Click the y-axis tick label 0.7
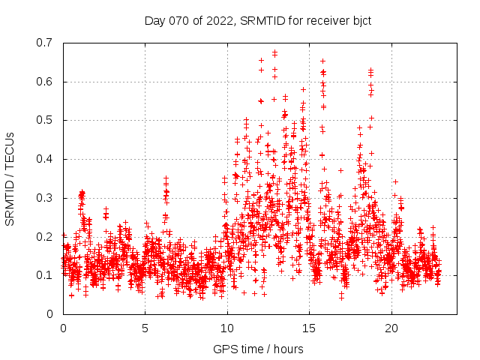click(x=46, y=43)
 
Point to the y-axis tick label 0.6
click(x=46, y=82)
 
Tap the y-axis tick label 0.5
click(x=46, y=120)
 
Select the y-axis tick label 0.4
click(x=46, y=159)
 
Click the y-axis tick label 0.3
click(x=46, y=198)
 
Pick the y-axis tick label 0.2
click(x=46, y=236)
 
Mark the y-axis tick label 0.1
click(x=46, y=275)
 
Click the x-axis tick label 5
click(x=145, y=328)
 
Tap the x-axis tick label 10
click(x=227, y=328)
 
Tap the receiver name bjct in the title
click(x=360, y=20)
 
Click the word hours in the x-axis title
click(x=289, y=349)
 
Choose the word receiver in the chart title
click(x=323, y=20)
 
